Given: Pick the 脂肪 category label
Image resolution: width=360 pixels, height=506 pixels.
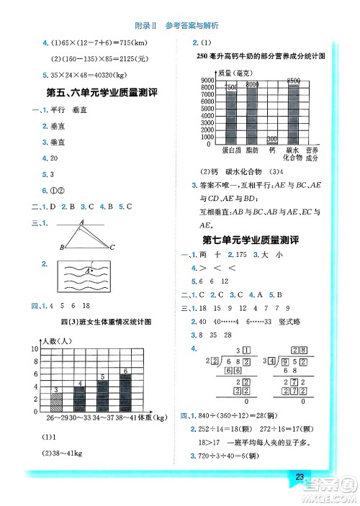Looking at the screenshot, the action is coord(252,151).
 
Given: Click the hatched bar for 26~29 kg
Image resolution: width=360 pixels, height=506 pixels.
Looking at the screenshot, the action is coord(55,399).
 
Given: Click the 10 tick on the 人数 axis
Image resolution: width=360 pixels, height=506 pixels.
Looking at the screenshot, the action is coord(35,348).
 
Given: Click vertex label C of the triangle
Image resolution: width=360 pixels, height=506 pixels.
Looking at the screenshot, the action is coord(112,247).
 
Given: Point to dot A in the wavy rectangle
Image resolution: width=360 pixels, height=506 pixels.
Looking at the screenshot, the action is coord(91,270).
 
